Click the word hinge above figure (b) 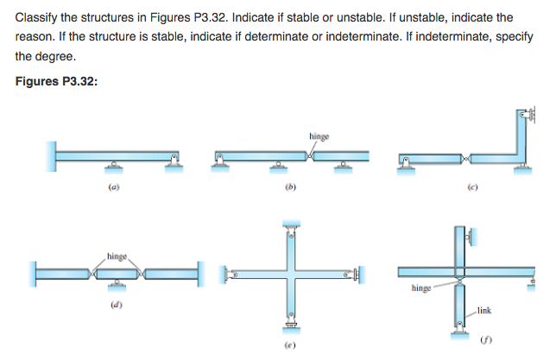[x=319, y=136]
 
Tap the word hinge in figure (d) [x=118, y=256]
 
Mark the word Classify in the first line [x=37, y=16]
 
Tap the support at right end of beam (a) [x=175, y=162]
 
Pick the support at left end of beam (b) [x=221, y=162]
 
